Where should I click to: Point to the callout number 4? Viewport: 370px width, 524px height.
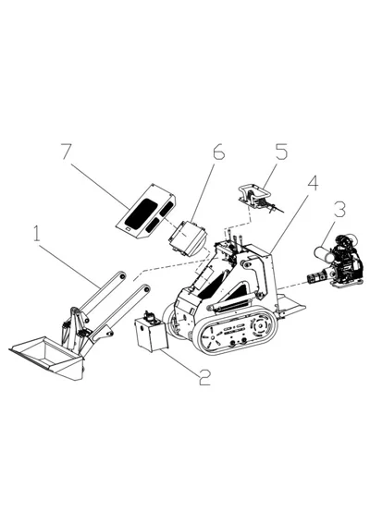point(313,182)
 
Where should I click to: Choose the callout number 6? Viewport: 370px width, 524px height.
point(218,153)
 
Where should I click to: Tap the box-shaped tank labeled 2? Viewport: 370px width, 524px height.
point(149,335)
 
